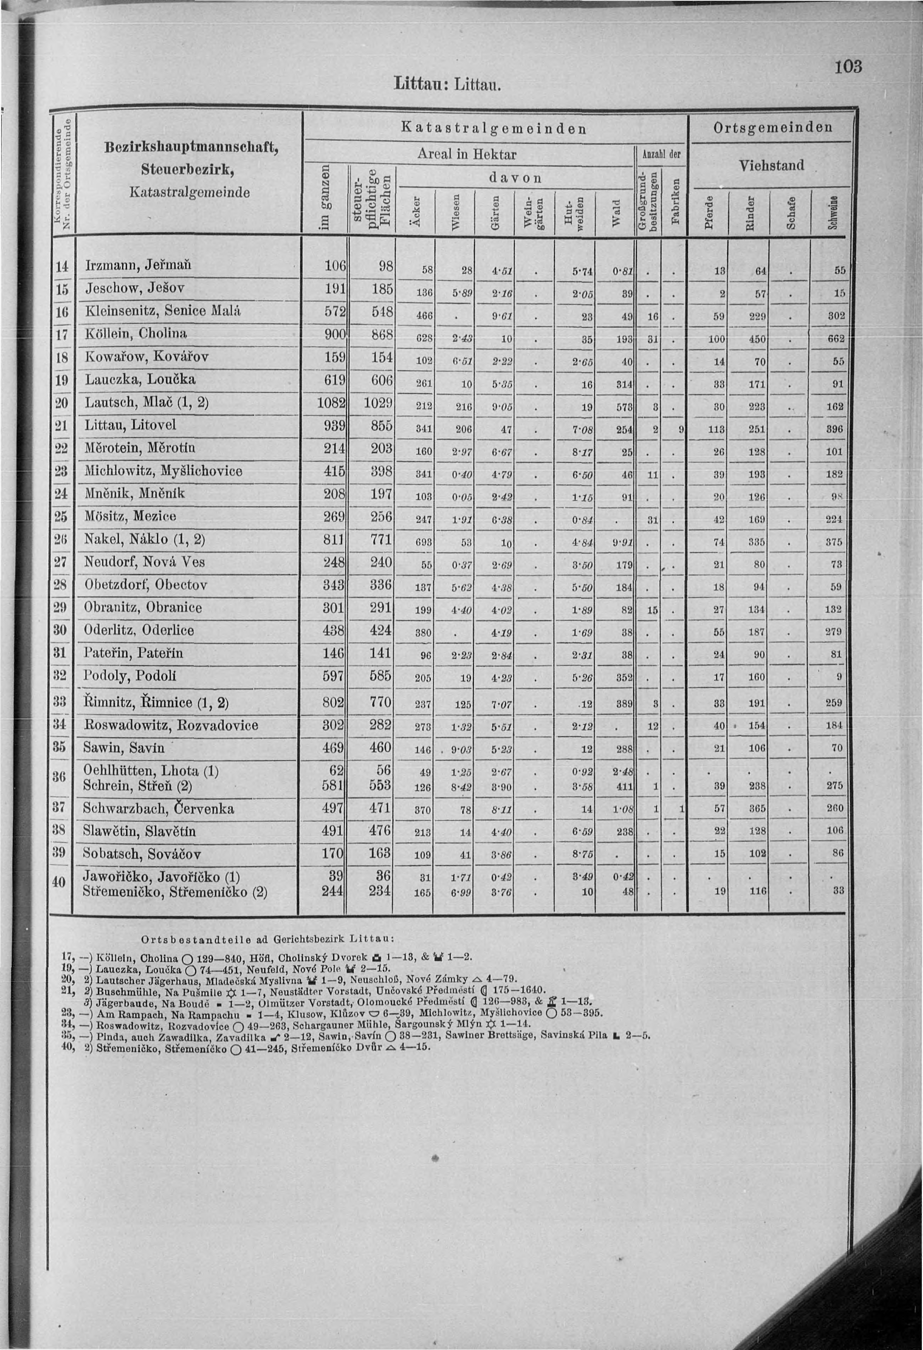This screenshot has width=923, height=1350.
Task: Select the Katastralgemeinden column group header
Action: pyautogui.click(x=494, y=128)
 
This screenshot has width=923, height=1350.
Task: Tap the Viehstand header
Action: pyautogui.click(x=771, y=166)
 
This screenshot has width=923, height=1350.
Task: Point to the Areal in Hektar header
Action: pyautogui.click(x=467, y=154)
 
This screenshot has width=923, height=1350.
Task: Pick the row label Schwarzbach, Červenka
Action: pyautogui.click(x=159, y=809)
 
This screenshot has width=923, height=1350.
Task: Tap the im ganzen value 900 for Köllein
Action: pyautogui.click(x=335, y=335)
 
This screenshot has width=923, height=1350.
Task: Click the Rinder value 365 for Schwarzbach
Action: pyautogui.click(x=757, y=809)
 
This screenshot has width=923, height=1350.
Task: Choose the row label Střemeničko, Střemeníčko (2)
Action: pyautogui.click(x=175, y=891)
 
